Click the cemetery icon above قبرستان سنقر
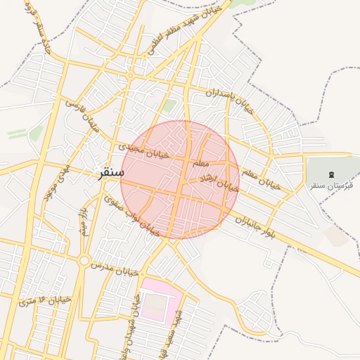click(x=332, y=174)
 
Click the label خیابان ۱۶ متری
click(x=45, y=300)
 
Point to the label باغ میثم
click(x=84, y=220)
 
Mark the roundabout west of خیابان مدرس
click(x=84, y=261)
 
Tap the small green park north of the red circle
click(x=170, y=106)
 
